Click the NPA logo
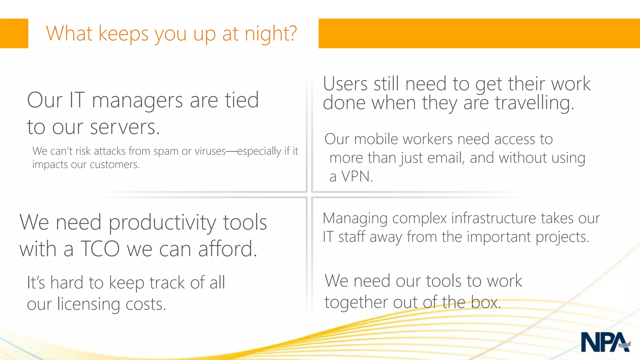click(605, 342)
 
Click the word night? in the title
click(271, 34)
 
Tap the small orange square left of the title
click(14, 33)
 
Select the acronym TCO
click(100, 249)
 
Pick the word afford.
click(227, 249)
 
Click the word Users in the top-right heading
click(345, 84)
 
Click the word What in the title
click(69, 33)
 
